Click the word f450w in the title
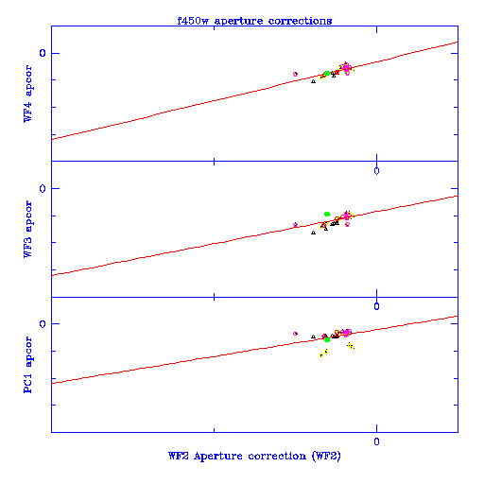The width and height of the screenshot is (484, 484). click(x=193, y=21)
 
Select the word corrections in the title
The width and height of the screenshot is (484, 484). click(x=300, y=21)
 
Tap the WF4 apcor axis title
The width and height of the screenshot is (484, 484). click(x=27, y=94)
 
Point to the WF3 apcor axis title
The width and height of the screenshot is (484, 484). click(x=27, y=229)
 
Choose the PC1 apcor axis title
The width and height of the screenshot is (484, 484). click(x=27, y=365)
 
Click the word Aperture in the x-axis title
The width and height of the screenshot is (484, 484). click(x=218, y=456)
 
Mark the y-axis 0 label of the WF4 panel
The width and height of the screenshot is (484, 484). click(x=43, y=53)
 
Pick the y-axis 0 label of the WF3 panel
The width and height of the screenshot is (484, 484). click(x=43, y=188)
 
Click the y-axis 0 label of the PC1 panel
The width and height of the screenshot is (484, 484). click(x=43, y=323)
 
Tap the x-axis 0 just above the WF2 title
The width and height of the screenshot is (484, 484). click(x=376, y=441)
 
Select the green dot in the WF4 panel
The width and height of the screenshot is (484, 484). click(x=327, y=74)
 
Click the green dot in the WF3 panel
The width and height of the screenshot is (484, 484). click(x=327, y=215)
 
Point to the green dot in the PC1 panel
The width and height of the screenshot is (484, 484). click(x=327, y=339)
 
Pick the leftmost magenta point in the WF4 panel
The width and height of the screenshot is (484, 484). click(x=295, y=74)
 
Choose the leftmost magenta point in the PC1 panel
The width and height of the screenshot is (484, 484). click(x=295, y=334)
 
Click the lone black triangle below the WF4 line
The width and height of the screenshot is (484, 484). click(x=313, y=81)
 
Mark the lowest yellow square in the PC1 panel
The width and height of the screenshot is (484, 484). click(x=321, y=355)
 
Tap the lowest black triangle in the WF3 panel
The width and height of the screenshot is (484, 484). click(x=313, y=233)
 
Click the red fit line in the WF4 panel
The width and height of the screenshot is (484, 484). click(x=254, y=91)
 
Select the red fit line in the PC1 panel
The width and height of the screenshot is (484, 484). click(x=254, y=350)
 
